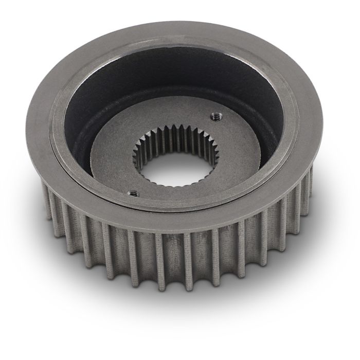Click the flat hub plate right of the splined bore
[x=216, y=154]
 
